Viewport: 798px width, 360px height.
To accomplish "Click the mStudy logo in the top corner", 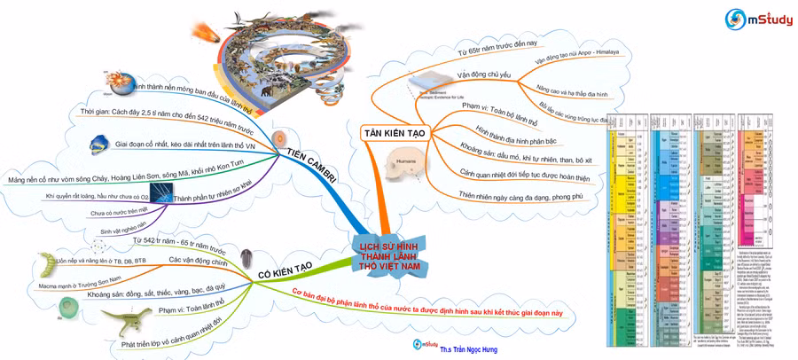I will pos(756,17).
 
